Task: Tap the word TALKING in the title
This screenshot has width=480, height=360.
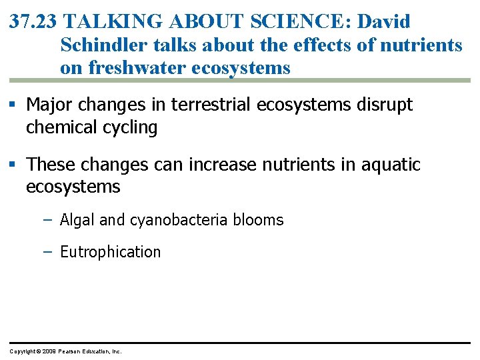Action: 114,21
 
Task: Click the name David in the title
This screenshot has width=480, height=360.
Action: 384,21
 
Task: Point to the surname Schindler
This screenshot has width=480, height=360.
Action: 102,45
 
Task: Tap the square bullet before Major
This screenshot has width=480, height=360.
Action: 14,105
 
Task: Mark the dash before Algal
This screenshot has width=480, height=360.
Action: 47,219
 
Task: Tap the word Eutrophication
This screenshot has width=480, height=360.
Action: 110,252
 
